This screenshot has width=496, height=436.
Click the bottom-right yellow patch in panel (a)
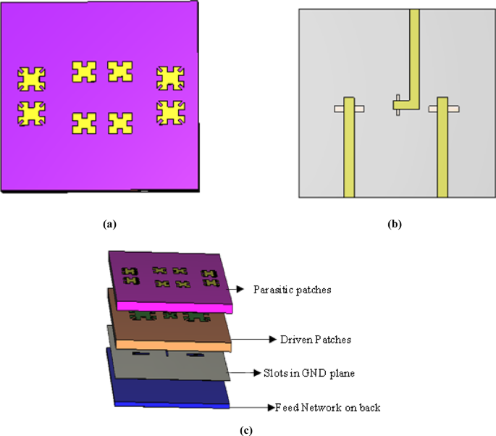[x=170, y=112]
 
